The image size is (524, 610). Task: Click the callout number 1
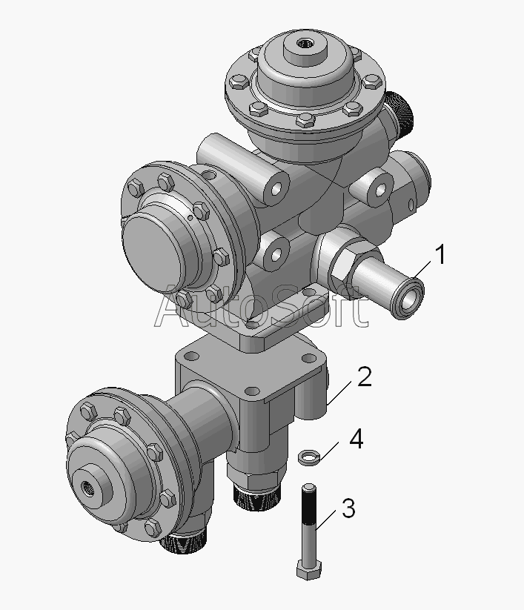tap(440, 255)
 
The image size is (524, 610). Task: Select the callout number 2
tap(365, 377)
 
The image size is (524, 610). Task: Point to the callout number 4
tap(356, 440)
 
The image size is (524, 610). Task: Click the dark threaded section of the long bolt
tap(309, 506)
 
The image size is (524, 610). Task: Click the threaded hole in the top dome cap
tap(303, 44)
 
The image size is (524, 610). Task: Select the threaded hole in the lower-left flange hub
tap(87, 487)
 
